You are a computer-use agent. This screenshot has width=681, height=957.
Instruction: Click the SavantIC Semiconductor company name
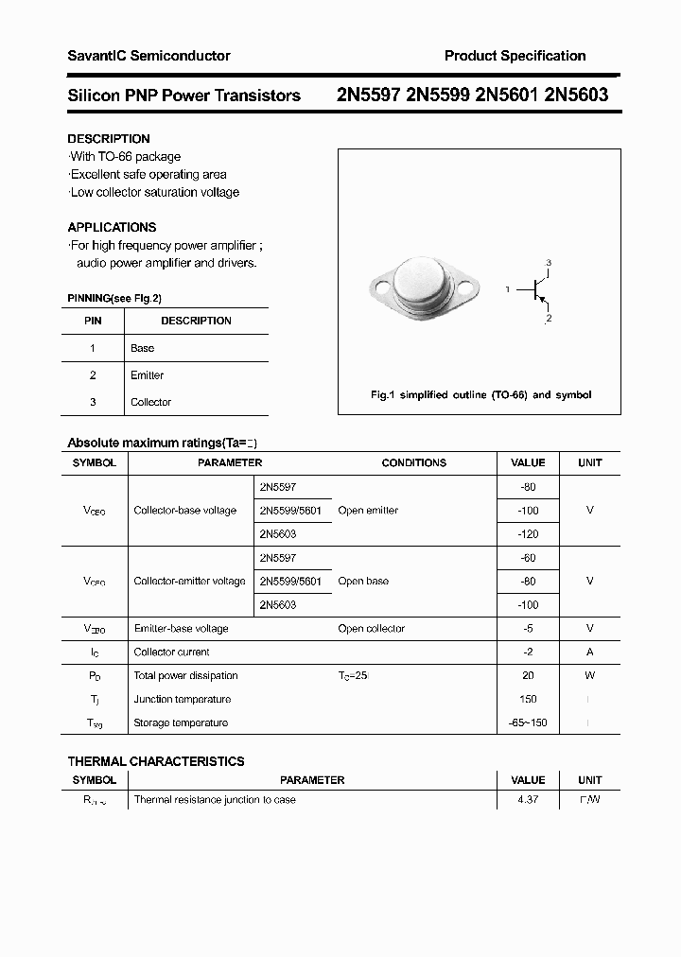[148, 56]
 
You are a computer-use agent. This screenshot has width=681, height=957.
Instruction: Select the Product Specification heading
[515, 56]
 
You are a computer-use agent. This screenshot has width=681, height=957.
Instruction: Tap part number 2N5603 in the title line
[576, 95]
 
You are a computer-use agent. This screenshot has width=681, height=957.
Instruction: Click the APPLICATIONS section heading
[112, 227]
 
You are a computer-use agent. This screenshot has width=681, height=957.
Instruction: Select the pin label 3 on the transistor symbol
[548, 262]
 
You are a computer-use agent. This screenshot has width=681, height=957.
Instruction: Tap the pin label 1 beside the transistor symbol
[508, 288]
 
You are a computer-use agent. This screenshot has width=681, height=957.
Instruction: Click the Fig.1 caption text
[480, 394]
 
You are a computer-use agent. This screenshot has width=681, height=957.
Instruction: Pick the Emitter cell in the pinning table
[147, 375]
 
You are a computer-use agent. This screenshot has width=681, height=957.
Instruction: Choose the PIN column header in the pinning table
[93, 321]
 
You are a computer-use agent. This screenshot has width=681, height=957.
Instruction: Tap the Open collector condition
[371, 629]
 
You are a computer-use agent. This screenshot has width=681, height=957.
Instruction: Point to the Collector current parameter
[172, 652]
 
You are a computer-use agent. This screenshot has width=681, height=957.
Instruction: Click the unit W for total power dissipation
[589, 676]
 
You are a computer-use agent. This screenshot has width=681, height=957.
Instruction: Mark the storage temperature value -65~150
[528, 723]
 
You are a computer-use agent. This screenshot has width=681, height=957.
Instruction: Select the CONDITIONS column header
[413, 463]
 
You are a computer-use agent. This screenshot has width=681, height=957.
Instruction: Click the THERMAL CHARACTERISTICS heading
[156, 761]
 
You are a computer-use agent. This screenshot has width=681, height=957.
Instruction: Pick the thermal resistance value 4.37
[528, 800]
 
